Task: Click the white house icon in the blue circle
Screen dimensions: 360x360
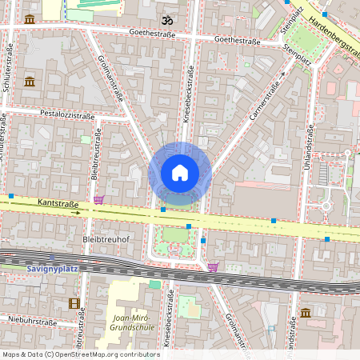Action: point(180,172)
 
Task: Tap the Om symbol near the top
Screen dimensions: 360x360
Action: point(167,19)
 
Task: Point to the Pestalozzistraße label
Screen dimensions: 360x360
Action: point(67,115)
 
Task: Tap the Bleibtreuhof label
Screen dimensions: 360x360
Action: point(106,238)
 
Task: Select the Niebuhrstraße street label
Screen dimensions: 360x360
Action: point(30,318)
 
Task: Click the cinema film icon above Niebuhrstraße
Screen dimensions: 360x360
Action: point(74,303)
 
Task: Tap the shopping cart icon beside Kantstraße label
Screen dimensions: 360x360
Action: point(98,200)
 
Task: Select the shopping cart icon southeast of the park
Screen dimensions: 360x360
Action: point(213,267)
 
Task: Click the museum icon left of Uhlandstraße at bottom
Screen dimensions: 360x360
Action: point(305,313)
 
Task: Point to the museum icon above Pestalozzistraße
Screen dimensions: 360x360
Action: point(30,82)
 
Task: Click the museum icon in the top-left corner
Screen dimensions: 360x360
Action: point(30,18)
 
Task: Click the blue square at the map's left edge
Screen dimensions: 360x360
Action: point(11,195)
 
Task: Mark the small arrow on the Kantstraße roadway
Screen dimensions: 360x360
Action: point(76,213)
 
